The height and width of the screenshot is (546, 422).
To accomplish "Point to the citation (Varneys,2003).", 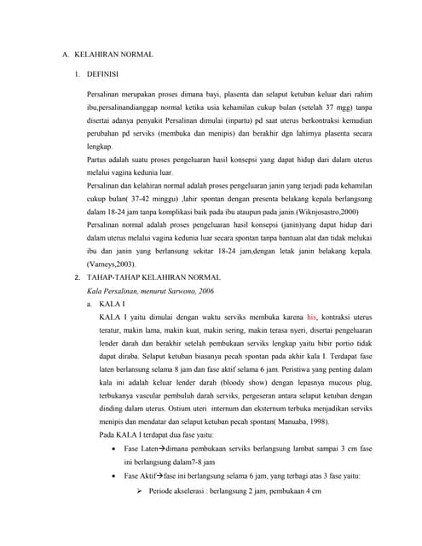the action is point(113,264).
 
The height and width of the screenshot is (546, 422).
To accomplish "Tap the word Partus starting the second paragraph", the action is point(97,159).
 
